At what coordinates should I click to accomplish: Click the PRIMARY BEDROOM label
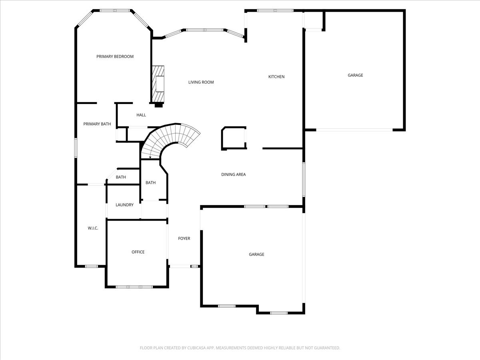tap(115, 56)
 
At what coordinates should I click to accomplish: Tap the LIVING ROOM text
tap(201, 82)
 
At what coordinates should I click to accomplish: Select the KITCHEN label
tap(276, 77)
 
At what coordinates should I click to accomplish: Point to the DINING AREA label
tap(233, 174)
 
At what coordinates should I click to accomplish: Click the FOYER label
tap(184, 238)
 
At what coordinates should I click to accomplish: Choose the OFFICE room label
tap(138, 252)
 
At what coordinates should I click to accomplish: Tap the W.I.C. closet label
tap(93, 228)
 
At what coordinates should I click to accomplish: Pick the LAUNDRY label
tap(124, 205)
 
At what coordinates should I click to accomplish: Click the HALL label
tap(141, 115)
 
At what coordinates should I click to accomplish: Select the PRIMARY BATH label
tap(97, 124)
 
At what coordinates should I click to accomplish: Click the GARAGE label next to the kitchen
tap(355, 75)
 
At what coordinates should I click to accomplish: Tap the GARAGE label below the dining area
tap(256, 254)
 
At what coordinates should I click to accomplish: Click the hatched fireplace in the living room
tap(158, 84)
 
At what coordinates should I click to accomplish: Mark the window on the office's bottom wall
tap(134, 287)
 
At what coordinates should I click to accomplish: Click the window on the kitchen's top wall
tap(275, 10)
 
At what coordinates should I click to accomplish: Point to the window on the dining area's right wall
tap(304, 179)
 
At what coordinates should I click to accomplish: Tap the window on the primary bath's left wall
tap(76, 148)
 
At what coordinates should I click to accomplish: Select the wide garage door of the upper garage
tap(354, 130)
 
